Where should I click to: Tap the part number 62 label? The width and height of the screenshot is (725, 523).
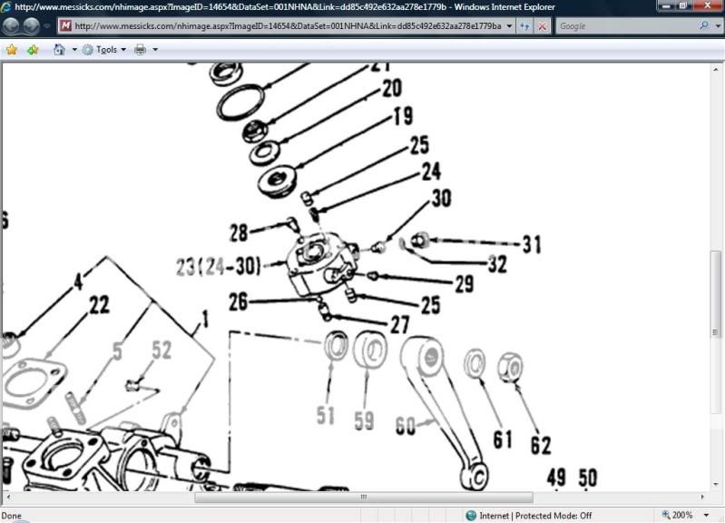(541, 446)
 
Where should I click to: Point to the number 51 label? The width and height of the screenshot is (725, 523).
(326, 416)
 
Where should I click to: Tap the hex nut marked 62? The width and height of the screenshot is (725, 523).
(512, 368)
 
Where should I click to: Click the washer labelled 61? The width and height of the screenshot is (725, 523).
(475, 363)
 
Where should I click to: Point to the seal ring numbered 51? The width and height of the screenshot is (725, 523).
(338, 346)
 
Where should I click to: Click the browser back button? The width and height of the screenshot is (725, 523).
(13, 26)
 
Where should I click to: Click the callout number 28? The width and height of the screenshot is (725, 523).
(239, 233)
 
